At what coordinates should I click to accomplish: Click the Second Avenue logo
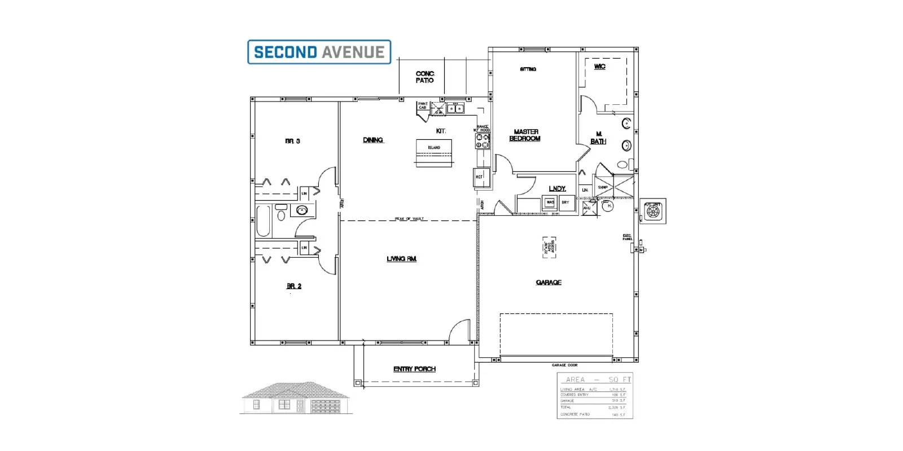point(319,52)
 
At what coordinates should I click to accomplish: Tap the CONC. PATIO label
point(424,77)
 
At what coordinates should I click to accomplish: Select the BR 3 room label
point(292,141)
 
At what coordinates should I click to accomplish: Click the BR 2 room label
point(293,286)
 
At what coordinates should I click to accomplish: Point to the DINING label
point(372,140)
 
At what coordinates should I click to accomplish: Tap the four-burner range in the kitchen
point(482,140)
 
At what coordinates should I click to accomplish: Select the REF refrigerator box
point(480,177)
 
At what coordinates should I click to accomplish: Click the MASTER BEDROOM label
point(525,135)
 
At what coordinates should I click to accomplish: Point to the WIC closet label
point(599,67)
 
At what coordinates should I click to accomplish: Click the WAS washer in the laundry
point(550,203)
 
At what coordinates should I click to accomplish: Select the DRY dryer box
point(566,203)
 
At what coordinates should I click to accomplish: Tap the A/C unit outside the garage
point(653,211)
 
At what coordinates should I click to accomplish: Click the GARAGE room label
point(549,282)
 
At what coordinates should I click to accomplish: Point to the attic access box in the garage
point(549,247)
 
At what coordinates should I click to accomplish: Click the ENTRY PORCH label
point(414,369)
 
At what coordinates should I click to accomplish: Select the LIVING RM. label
point(401,259)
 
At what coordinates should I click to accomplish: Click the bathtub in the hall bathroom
point(264,221)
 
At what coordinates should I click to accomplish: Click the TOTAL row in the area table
point(593,407)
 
